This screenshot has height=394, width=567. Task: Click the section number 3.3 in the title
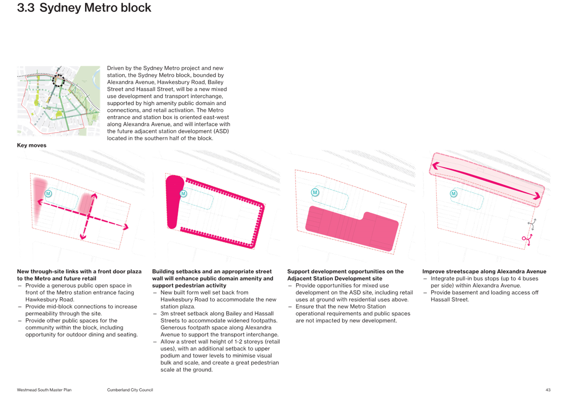point(26,8)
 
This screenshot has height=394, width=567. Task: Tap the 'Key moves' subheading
point(31,145)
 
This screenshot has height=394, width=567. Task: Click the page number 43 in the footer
point(548,390)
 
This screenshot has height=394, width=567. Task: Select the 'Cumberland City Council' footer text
point(130,390)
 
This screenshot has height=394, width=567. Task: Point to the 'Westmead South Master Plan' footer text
point(44,390)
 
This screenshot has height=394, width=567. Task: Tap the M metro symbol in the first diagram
point(48,194)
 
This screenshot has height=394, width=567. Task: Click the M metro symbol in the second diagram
point(183,194)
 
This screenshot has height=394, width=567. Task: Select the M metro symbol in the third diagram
point(315,192)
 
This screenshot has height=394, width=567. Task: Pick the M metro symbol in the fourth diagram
point(454,194)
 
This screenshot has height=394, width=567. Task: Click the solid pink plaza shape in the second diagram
point(174,201)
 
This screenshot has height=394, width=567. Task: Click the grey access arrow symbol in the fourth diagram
point(532,224)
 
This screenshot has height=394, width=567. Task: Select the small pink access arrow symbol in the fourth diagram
point(527,239)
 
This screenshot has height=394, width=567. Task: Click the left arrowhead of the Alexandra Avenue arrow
point(436,166)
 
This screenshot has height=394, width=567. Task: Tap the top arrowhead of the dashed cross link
point(94,196)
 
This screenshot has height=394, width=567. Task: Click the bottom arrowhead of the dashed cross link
point(83,237)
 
